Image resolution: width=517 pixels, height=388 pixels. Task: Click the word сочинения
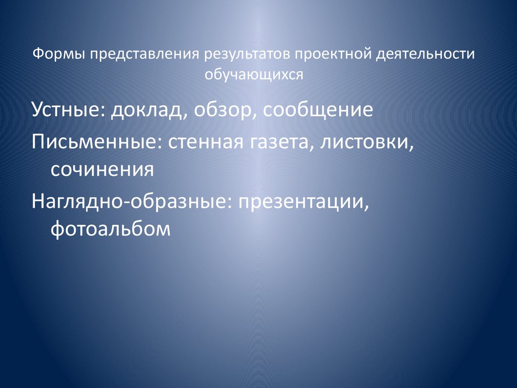click(101, 169)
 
